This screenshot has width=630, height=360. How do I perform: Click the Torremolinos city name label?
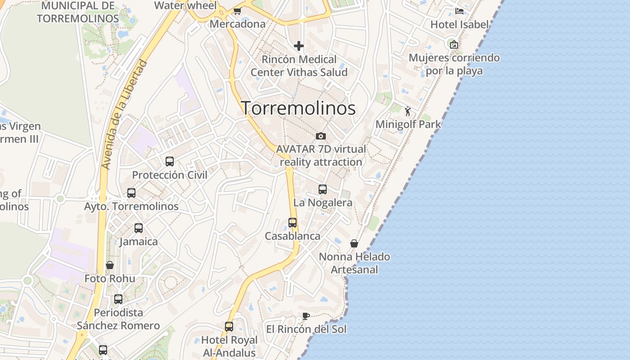[x=298, y=108]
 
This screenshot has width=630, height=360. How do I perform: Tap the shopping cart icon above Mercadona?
[x=237, y=11]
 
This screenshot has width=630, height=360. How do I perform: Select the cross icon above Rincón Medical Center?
[x=299, y=46]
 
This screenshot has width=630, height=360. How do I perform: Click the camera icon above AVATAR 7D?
[x=321, y=136]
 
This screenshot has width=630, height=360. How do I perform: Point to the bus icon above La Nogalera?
[x=323, y=189]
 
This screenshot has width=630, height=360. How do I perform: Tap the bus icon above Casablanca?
[x=292, y=223]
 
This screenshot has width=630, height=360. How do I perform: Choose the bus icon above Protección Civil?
[x=170, y=162]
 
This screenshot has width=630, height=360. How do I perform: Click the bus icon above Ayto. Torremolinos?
[x=131, y=193]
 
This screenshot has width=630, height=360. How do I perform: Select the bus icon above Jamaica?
[x=139, y=228]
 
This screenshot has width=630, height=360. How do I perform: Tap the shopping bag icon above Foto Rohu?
[x=110, y=265]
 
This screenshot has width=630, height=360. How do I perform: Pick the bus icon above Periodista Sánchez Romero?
[x=118, y=299]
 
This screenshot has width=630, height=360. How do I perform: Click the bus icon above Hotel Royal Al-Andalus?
[x=229, y=326]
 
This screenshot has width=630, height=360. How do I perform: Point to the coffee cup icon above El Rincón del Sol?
[x=306, y=316]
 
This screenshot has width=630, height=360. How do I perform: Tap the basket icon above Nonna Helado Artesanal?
[x=354, y=243]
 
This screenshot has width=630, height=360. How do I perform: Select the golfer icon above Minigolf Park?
[x=408, y=111]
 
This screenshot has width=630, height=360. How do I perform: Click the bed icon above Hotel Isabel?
[x=459, y=11]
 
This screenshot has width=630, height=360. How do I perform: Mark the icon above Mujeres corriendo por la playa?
[x=454, y=44]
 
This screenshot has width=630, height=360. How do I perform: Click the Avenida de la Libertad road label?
[x=125, y=115]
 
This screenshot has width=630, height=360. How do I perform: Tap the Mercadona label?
[x=238, y=24]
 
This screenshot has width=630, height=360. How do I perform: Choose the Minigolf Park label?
[x=408, y=124]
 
